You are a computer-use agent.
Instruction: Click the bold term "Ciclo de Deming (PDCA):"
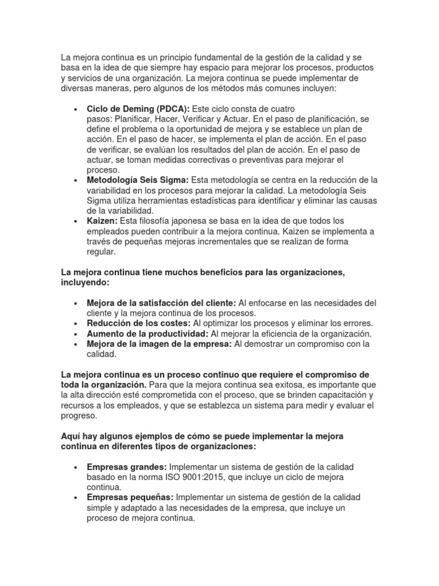pyautogui.click(x=138, y=109)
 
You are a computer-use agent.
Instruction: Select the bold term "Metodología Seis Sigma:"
pyautogui.click(x=137, y=180)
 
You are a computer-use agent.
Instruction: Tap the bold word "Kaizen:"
pyautogui.click(x=102, y=221)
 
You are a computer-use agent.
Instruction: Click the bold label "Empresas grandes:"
pyautogui.click(x=127, y=467)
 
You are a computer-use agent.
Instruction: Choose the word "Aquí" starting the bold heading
pyautogui.click(x=71, y=437)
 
